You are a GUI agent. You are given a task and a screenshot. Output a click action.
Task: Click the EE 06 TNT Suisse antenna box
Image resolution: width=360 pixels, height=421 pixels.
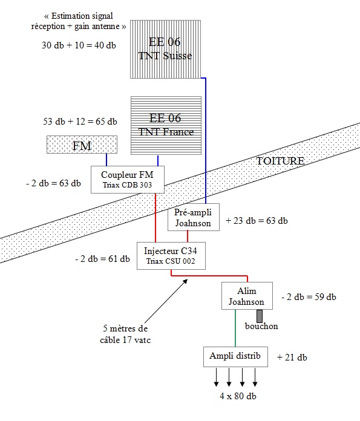coord(166,49)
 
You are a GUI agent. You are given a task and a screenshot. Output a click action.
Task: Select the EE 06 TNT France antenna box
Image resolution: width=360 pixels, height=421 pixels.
coord(166,126)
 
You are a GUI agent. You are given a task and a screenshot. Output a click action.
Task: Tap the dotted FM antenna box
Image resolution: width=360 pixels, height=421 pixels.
coord(82,145)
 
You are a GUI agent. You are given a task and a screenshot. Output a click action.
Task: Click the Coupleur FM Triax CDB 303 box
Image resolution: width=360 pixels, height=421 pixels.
coord(128,180)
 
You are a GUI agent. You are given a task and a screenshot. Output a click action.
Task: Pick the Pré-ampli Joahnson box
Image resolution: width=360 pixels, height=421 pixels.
coord(194,217)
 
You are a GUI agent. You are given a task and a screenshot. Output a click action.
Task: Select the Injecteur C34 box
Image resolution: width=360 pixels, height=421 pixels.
coord(171,256)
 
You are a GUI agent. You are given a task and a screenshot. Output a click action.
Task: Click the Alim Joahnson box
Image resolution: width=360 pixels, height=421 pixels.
coord(247,296)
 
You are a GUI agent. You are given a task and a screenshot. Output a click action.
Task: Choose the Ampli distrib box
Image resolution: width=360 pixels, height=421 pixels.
coord(235,356)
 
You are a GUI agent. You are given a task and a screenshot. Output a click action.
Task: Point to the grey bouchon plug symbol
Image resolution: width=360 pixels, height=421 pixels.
coord(260,316)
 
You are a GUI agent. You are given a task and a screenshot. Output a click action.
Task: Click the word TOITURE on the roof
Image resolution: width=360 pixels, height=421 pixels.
coord(280,161)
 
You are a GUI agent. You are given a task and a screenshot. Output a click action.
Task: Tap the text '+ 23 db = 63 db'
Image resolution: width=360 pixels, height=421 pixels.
coord(257,221)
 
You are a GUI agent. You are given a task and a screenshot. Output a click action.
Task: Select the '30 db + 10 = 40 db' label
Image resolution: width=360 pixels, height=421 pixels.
coord(79,45)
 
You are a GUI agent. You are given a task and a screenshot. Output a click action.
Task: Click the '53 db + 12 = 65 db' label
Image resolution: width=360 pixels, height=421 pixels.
coord(80,122)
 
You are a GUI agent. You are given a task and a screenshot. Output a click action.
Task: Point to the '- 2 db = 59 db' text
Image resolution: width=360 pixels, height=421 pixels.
coord(309,297)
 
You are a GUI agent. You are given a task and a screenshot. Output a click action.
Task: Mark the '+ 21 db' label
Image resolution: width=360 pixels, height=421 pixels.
coord(292,357)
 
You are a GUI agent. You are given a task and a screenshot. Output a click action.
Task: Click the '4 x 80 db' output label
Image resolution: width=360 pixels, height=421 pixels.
coord(238,396)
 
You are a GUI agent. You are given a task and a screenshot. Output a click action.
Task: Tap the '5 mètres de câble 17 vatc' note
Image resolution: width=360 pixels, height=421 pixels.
coord(125,335)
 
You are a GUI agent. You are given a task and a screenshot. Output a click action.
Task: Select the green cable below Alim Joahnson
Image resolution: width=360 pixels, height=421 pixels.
coord(235,328)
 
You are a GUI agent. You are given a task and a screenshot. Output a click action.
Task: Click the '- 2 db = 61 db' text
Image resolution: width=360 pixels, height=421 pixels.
coord(103,259)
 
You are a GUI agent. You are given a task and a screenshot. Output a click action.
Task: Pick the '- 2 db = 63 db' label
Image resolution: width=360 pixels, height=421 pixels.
coord(53,183)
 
